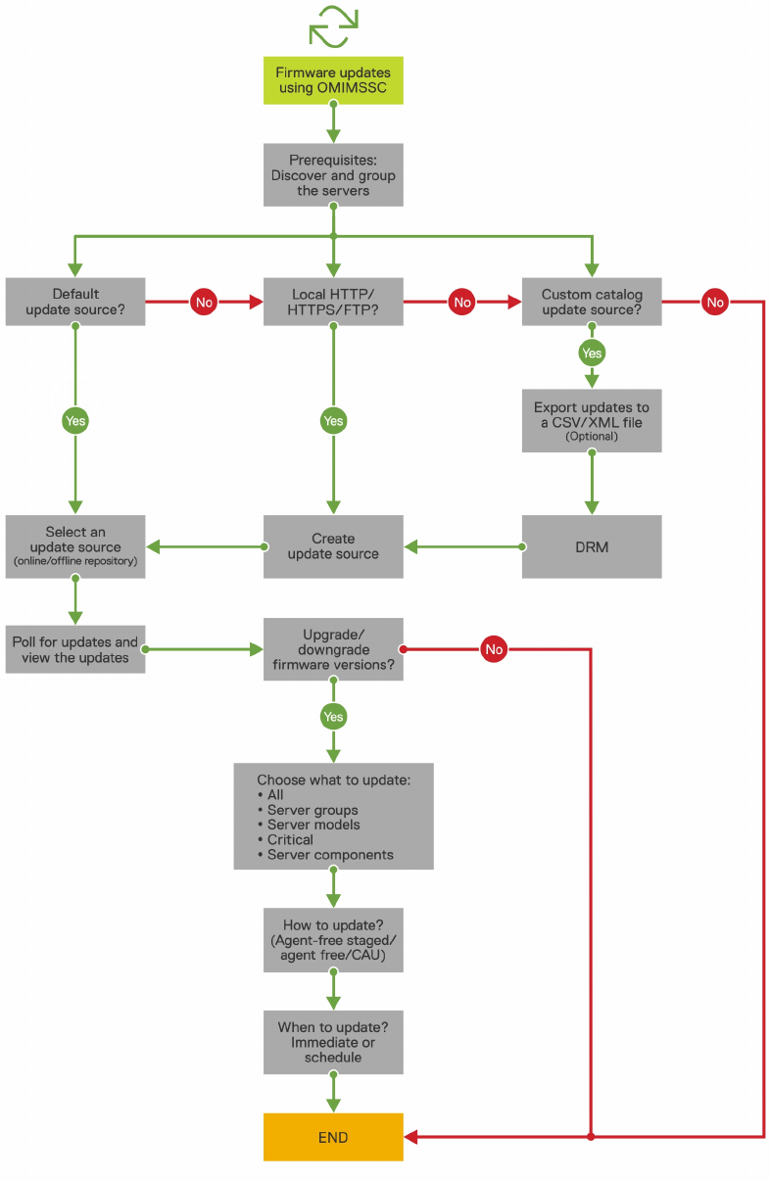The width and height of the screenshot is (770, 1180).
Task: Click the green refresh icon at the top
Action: pyautogui.click(x=333, y=26)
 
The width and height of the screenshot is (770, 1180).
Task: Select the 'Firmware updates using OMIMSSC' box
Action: pyautogui.click(x=333, y=80)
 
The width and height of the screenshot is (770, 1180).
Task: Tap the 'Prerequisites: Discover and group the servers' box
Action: pyautogui.click(x=333, y=175)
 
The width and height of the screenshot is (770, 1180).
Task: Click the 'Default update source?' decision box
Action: pyautogui.click(x=75, y=302)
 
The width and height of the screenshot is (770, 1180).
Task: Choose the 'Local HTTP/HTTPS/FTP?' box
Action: pyautogui.click(x=333, y=302)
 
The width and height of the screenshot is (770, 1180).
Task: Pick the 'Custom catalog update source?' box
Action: pyautogui.click(x=592, y=302)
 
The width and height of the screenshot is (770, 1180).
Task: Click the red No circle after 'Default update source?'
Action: pyautogui.click(x=204, y=302)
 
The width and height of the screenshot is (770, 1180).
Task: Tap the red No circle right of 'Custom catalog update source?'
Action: pyautogui.click(x=715, y=302)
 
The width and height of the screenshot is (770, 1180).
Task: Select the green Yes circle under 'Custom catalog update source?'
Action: pyautogui.click(x=592, y=353)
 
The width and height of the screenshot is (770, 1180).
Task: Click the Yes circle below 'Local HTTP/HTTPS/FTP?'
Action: pyautogui.click(x=334, y=421)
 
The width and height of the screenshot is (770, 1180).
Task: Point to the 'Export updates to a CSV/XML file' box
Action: pyautogui.click(x=592, y=420)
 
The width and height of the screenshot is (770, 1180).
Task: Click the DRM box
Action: pyautogui.click(x=592, y=546)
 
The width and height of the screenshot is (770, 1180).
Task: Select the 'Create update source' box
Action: pyautogui.click(x=333, y=546)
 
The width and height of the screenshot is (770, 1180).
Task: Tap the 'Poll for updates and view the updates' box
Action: pyautogui.click(x=75, y=649)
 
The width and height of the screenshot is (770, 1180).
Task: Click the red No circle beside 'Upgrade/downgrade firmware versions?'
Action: pyautogui.click(x=494, y=649)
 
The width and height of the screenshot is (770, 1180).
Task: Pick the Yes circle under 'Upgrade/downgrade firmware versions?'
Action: pyautogui.click(x=334, y=717)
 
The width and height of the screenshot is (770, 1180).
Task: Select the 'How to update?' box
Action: pyautogui.click(x=333, y=940)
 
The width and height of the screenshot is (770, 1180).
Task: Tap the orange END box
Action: pyautogui.click(x=333, y=1137)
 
